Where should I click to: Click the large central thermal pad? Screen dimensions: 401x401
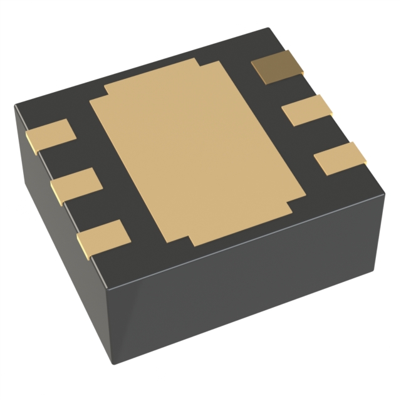click(191, 150)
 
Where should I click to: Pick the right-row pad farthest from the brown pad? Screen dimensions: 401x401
click(340, 158)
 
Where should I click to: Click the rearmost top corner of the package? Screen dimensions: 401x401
click(268, 29)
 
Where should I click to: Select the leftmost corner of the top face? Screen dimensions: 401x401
click(16, 107)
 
